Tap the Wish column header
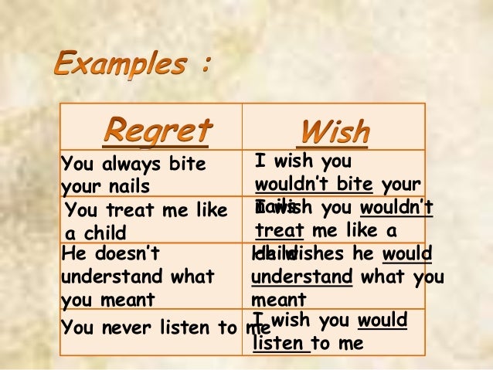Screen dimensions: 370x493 (335, 131)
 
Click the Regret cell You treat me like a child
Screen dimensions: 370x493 (146, 221)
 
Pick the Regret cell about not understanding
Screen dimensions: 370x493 (139, 277)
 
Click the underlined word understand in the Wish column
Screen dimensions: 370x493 (302, 277)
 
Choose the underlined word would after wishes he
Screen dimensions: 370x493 (406, 253)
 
